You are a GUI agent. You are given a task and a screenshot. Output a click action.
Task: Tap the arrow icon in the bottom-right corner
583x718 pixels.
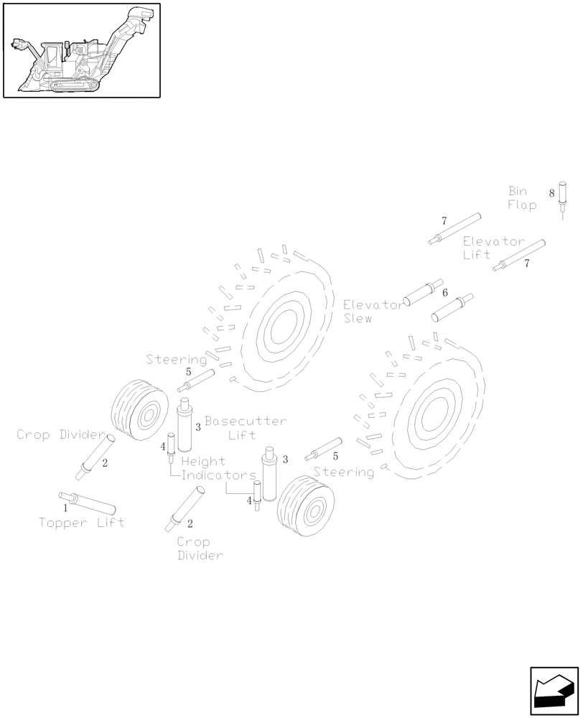click(x=554, y=691)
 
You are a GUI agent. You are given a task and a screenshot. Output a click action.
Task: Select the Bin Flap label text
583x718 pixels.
click(x=522, y=198)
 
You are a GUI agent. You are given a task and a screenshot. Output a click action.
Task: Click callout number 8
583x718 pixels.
click(x=551, y=193)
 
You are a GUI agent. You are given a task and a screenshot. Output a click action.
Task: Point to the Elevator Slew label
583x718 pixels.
click(x=373, y=311)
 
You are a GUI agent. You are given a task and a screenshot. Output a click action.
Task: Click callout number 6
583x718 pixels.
click(x=445, y=293)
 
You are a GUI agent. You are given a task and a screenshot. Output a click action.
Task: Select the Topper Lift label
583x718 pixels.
click(x=81, y=522)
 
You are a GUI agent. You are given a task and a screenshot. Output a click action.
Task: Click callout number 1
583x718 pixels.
click(x=65, y=507)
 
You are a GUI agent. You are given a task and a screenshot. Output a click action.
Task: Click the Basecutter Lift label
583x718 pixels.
click(x=245, y=427)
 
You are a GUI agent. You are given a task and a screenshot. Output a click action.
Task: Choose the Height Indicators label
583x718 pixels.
click(x=216, y=468)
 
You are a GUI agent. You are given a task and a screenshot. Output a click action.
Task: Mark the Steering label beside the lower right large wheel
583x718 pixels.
click(x=344, y=472)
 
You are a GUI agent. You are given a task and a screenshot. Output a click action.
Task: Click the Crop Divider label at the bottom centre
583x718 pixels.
click(x=200, y=549)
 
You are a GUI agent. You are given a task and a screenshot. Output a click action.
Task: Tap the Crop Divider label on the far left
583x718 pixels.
click(x=61, y=434)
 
